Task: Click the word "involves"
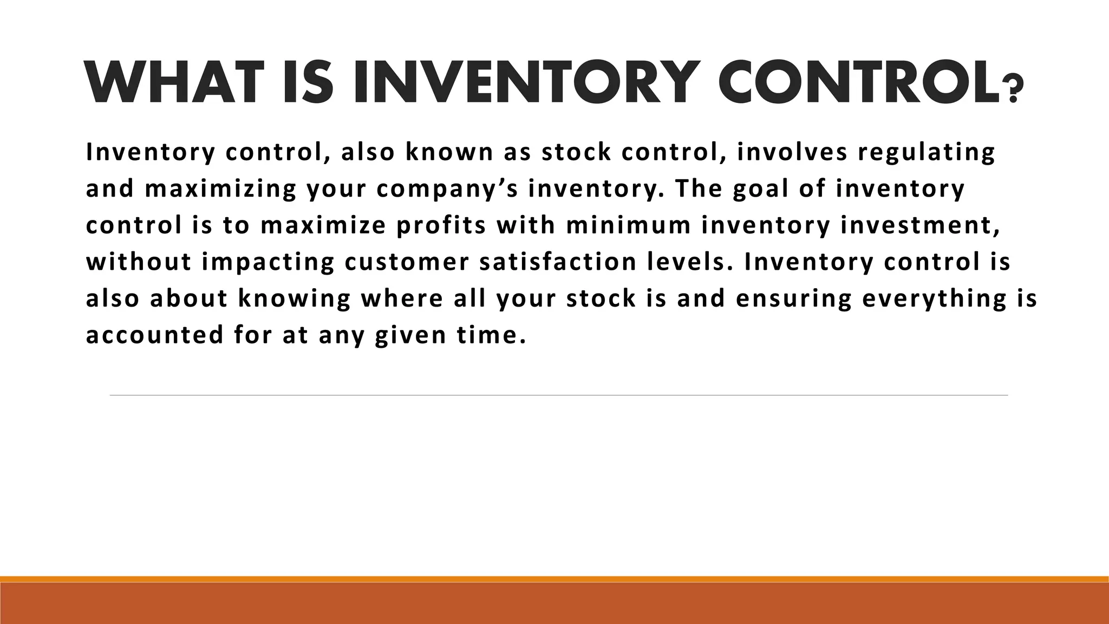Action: click(x=792, y=152)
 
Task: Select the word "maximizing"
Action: click(x=221, y=190)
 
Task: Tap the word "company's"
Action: click(x=448, y=190)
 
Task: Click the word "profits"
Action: click(x=441, y=225)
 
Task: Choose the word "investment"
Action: click(x=919, y=225)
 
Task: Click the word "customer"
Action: click(x=407, y=262)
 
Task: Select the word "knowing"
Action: click(x=295, y=299)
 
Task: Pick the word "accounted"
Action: click(x=155, y=335)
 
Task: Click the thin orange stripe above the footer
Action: click(x=554, y=579)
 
